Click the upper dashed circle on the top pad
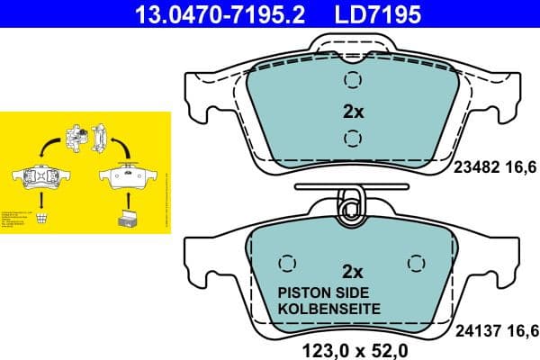[352, 80]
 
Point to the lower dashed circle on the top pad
[352, 138]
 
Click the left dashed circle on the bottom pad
[287, 263]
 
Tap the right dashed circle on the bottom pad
[416, 263]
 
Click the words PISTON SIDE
[328, 292]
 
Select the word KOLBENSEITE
[328, 308]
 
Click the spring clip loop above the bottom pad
[351, 204]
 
